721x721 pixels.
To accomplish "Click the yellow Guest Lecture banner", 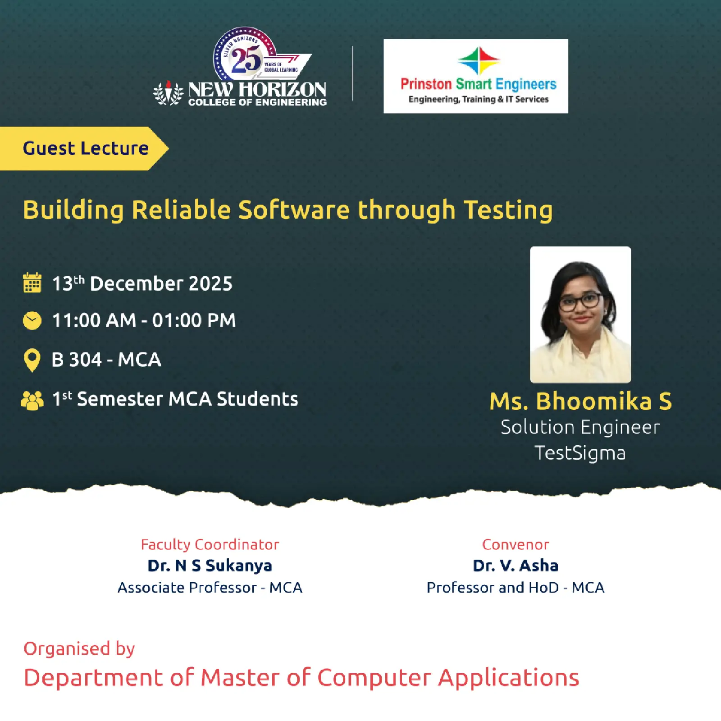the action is [x=83, y=149].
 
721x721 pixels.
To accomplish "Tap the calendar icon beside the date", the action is [x=32, y=283].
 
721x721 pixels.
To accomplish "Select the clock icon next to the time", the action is [x=32, y=320].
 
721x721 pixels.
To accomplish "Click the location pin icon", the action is [x=32, y=360].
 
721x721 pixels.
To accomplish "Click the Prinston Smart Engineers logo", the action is [x=476, y=76].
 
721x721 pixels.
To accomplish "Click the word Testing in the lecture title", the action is [x=508, y=210].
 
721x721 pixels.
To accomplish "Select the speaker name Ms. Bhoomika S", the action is [x=580, y=401].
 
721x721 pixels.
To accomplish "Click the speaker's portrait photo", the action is [x=580, y=315].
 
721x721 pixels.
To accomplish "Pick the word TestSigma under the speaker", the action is [x=580, y=453].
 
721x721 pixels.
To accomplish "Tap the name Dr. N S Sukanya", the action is [x=210, y=566].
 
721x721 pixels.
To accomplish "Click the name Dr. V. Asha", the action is [x=516, y=566].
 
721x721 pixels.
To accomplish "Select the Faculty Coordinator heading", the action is [x=210, y=544].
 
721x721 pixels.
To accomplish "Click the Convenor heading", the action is [x=516, y=544].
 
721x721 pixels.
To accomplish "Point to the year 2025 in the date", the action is [x=210, y=284].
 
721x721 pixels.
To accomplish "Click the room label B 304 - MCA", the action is [x=106, y=360].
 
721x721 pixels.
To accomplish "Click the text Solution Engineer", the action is [x=580, y=427].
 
